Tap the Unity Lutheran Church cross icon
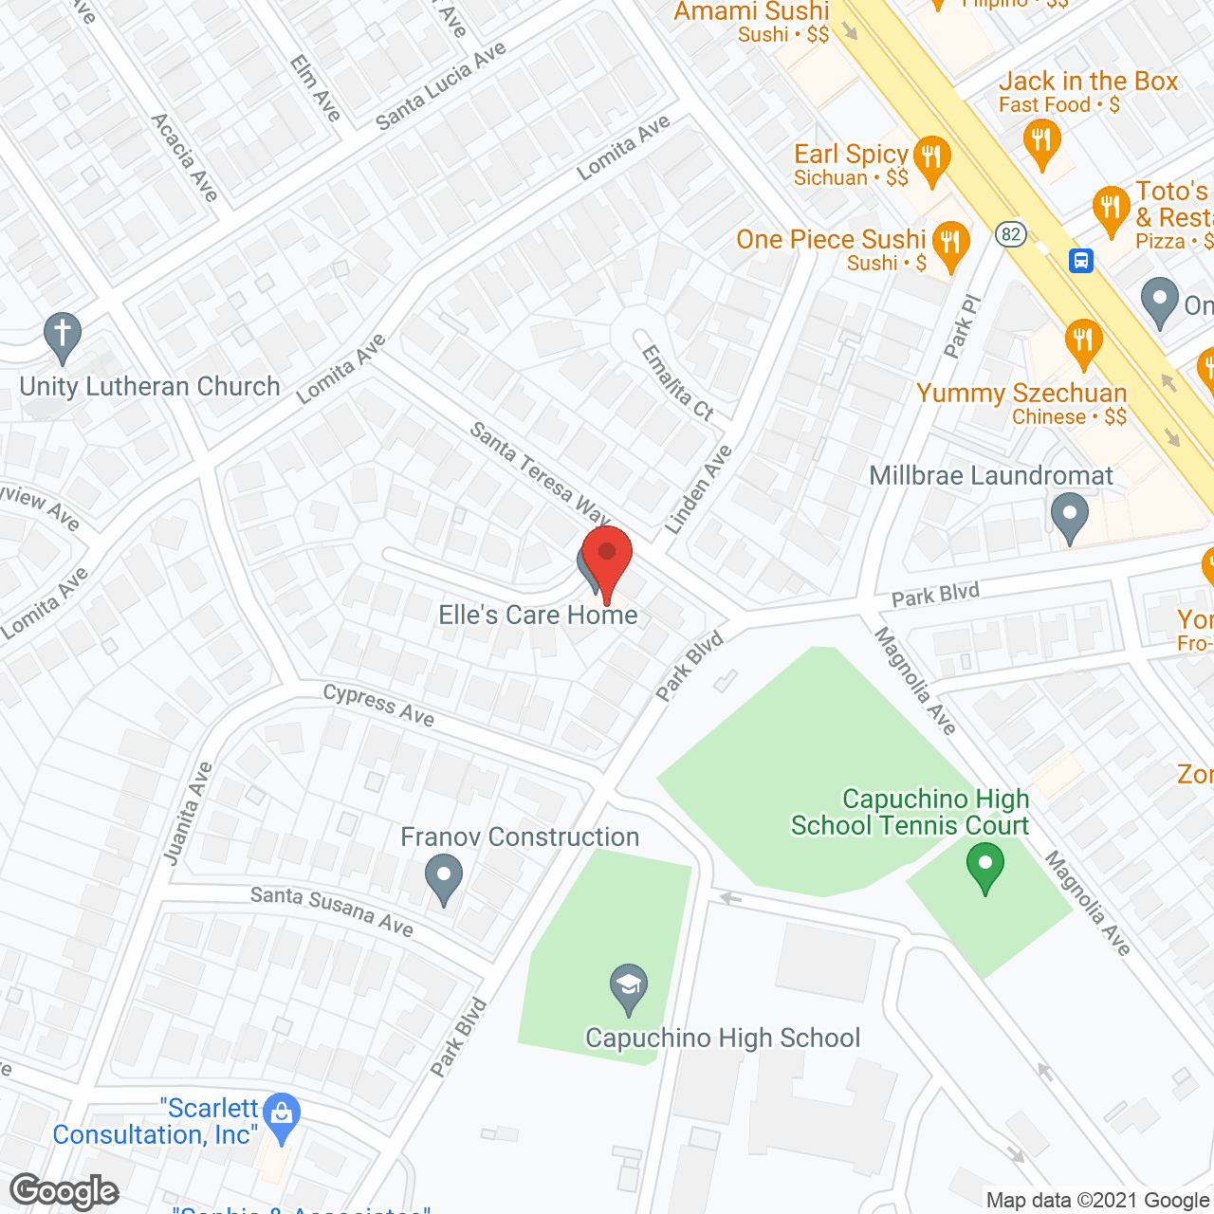coord(63,337)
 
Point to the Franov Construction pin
coord(443,878)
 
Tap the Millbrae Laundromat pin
coord(1070,517)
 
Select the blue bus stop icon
coord(1081,260)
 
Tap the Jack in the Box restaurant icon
coord(1042,145)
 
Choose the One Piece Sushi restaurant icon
coord(949,245)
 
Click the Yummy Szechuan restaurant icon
coord(1082,342)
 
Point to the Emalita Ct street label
coord(677,382)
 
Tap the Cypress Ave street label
coord(378,705)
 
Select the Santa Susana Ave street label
coord(332,910)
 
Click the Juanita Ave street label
coord(188,814)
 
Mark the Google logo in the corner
coord(64,1191)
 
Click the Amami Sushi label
coord(752,12)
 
